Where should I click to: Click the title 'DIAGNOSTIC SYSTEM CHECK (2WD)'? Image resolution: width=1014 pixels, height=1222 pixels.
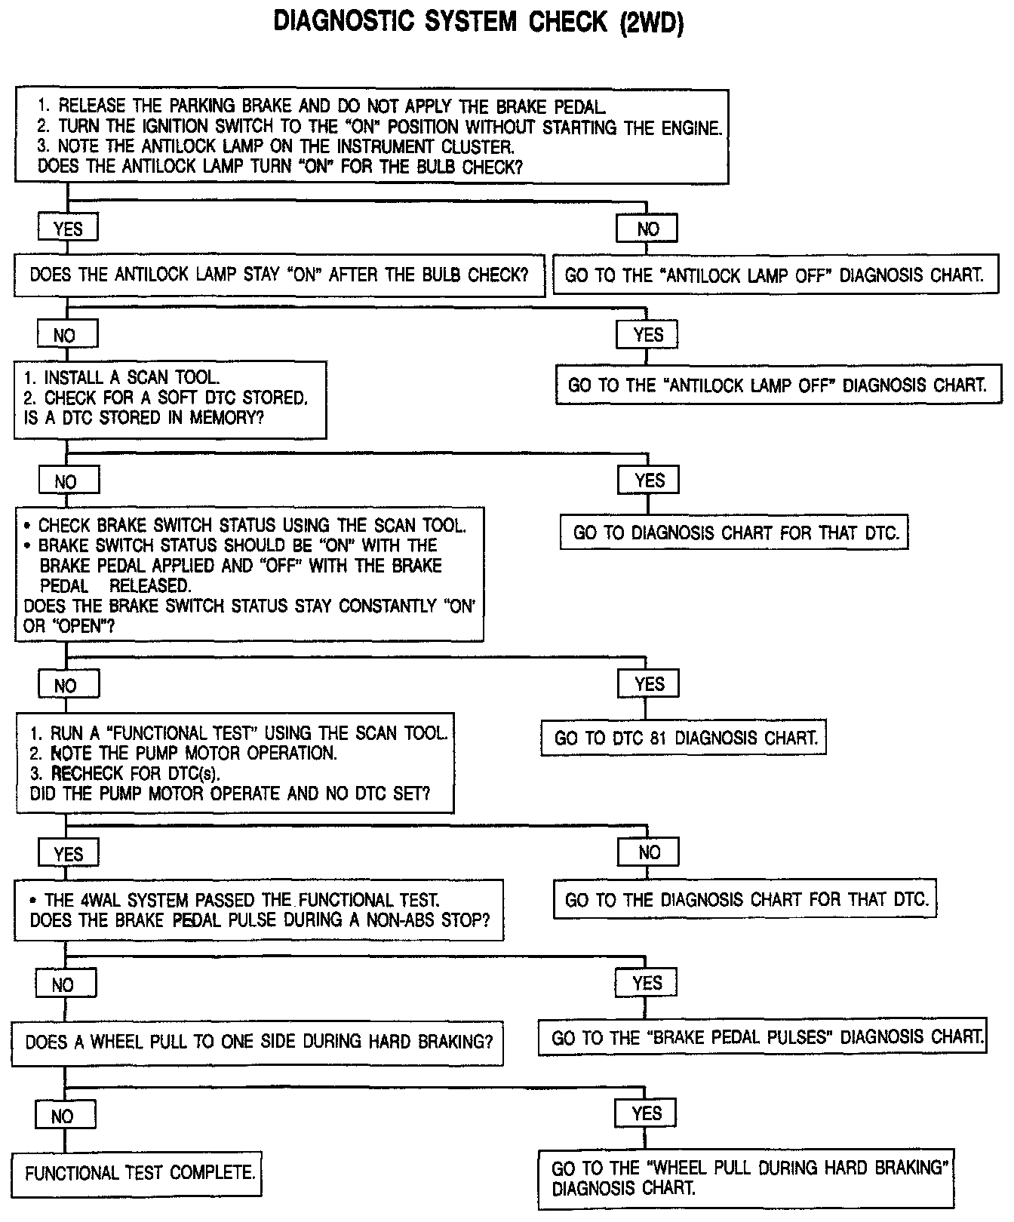pos(478,22)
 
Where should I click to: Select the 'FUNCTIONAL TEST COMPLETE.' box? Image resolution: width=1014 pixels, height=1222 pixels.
pos(137,1173)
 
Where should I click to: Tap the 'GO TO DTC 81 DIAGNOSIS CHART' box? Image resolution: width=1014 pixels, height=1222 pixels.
pos(684,738)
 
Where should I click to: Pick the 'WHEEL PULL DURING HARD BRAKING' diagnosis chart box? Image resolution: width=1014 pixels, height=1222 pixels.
pos(747,1178)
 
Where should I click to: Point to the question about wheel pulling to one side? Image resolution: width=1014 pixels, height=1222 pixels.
pos(257,1042)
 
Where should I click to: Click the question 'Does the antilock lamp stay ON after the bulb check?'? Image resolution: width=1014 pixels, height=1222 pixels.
pos(279,275)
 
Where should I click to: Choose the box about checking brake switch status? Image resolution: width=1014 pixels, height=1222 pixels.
pos(249,575)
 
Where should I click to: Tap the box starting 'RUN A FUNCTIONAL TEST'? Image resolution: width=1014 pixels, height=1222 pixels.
pos(235,763)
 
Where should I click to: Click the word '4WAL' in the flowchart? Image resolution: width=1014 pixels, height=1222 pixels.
pos(100,900)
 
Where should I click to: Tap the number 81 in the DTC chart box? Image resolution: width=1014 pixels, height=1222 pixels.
pos(658,738)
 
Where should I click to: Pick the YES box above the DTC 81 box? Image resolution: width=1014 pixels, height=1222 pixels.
pos(649,684)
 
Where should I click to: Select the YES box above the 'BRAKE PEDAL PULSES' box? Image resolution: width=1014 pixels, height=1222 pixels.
pos(647,983)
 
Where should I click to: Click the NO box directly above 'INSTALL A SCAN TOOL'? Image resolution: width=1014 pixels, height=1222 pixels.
pos(66,335)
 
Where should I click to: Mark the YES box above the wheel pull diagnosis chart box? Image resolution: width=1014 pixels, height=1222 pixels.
pos(647,1114)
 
